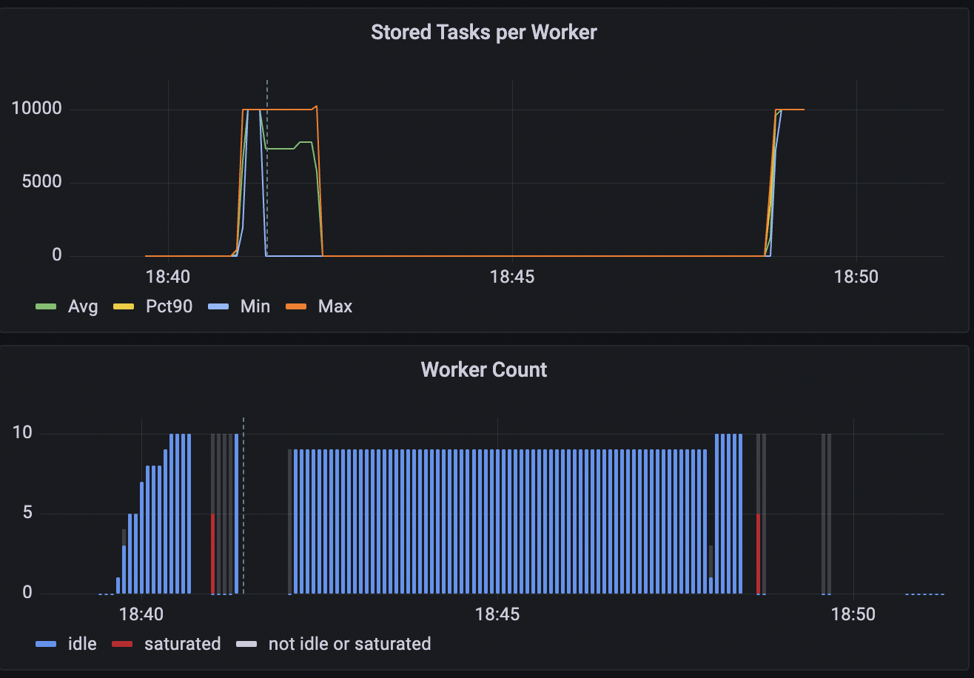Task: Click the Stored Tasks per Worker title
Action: pos(483,33)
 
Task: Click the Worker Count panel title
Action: pos(483,370)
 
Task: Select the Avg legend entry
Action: pos(68,306)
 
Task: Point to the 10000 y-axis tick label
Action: pos(36,110)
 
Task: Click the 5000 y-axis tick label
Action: pos(42,183)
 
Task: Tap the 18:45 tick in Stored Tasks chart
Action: pos(512,278)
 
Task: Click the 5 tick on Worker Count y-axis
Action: pos(27,513)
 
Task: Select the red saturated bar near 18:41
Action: pos(213,554)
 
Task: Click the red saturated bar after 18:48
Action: pos(759,554)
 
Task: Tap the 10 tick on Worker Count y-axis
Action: pos(22,433)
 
